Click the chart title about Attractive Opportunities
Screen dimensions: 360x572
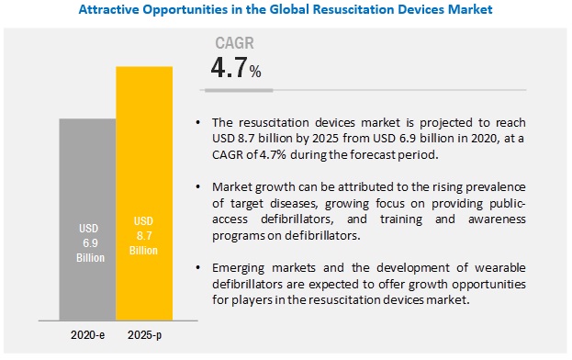pos(286,10)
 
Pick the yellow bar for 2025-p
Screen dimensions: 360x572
pos(144,165)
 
